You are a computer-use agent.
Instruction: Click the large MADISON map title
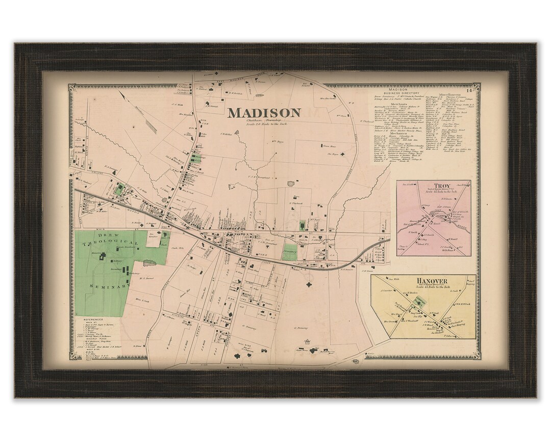[264, 112]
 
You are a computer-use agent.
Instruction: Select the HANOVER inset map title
[432, 281]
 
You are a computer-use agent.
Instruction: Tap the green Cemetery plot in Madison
[290, 252]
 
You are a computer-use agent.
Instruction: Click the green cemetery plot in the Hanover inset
[420, 302]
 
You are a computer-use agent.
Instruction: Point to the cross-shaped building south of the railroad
[308, 286]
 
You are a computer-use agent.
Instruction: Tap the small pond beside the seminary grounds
[149, 263]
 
